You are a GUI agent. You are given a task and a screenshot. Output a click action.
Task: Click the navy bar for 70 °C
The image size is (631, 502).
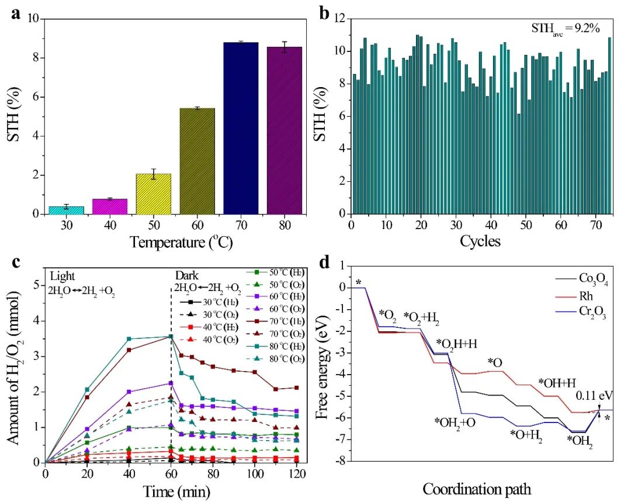click(x=240, y=129)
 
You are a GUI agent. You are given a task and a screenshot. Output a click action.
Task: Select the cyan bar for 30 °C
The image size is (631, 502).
click(x=66, y=210)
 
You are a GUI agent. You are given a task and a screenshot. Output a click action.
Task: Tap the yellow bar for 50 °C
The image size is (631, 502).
click(x=153, y=194)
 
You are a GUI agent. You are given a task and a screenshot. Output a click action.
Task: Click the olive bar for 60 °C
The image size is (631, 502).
click(x=197, y=161)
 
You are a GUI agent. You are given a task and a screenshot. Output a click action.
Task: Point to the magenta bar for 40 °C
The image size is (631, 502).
click(x=109, y=207)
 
